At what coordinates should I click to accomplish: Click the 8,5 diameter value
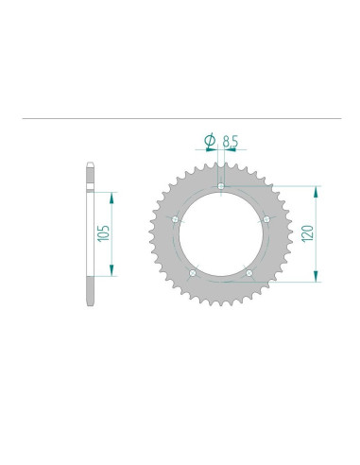pos(230,141)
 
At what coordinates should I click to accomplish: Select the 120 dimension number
pos(307,233)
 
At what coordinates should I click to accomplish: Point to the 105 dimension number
pos(104,233)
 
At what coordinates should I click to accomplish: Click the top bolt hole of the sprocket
pos(221,186)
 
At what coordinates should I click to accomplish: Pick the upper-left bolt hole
pos(176,219)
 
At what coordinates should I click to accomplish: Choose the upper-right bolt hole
pos(266,219)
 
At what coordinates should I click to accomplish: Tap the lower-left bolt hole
pos(193,272)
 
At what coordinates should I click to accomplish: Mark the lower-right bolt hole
pos(249,272)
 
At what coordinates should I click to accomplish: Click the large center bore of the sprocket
pos(221,234)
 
